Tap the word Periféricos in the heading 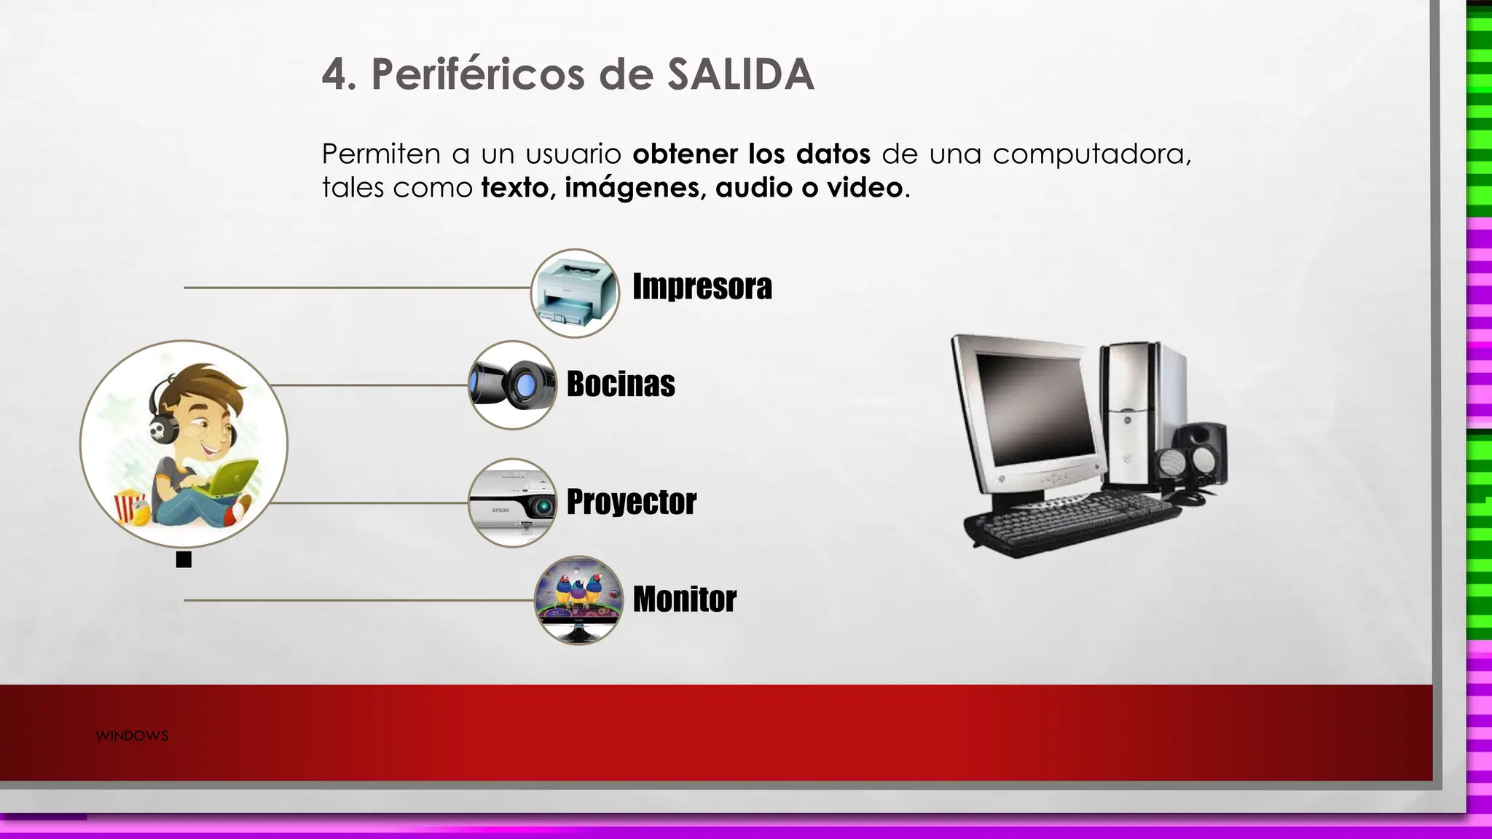pos(478,74)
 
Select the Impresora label pos(702,286)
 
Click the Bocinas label pos(621,384)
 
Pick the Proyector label pos(631,502)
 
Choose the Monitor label pos(684,599)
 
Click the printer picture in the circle pos(575,293)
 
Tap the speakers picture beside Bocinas pos(512,385)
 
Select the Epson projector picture pos(512,503)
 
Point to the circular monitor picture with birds pos(578,600)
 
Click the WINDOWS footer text pos(132,736)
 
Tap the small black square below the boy pos(184,559)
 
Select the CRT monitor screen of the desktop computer pos(1034,408)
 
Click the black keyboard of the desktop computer pos(1071,519)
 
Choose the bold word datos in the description pos(833,154)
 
